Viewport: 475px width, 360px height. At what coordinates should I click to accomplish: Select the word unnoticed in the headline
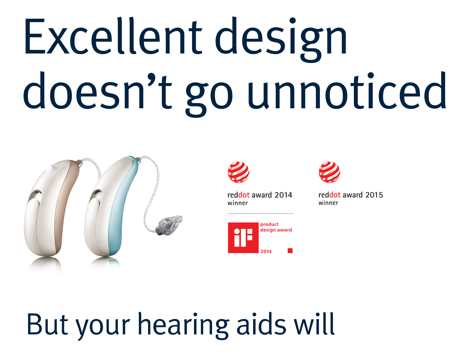click(347, 91)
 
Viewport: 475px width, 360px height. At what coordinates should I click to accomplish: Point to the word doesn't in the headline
click(97, 91)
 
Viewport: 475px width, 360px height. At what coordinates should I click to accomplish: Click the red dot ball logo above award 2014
click(238, 172)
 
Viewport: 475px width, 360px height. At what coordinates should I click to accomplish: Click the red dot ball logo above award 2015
click(329, 172)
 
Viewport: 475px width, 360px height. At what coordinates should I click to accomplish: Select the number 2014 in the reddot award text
click(283, 195)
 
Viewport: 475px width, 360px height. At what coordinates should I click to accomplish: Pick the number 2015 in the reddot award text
click(374, 195)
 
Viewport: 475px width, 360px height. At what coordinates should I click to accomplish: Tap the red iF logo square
click(243, 238)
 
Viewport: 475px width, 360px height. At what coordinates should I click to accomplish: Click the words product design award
click(276, 227)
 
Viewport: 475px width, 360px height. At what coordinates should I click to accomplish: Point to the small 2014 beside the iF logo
click(266, 251)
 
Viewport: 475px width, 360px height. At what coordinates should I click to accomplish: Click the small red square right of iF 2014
click(290, 250)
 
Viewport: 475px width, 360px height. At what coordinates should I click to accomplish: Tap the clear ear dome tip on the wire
click(169, 225)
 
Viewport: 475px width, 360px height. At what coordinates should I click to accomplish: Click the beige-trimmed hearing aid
click(52, 208)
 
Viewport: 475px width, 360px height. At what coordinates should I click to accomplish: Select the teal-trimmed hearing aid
click(112, 207)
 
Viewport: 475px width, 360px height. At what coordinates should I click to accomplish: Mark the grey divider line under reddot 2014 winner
click(260, 214)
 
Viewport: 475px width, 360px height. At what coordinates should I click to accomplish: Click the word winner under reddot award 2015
click(328, 203)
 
